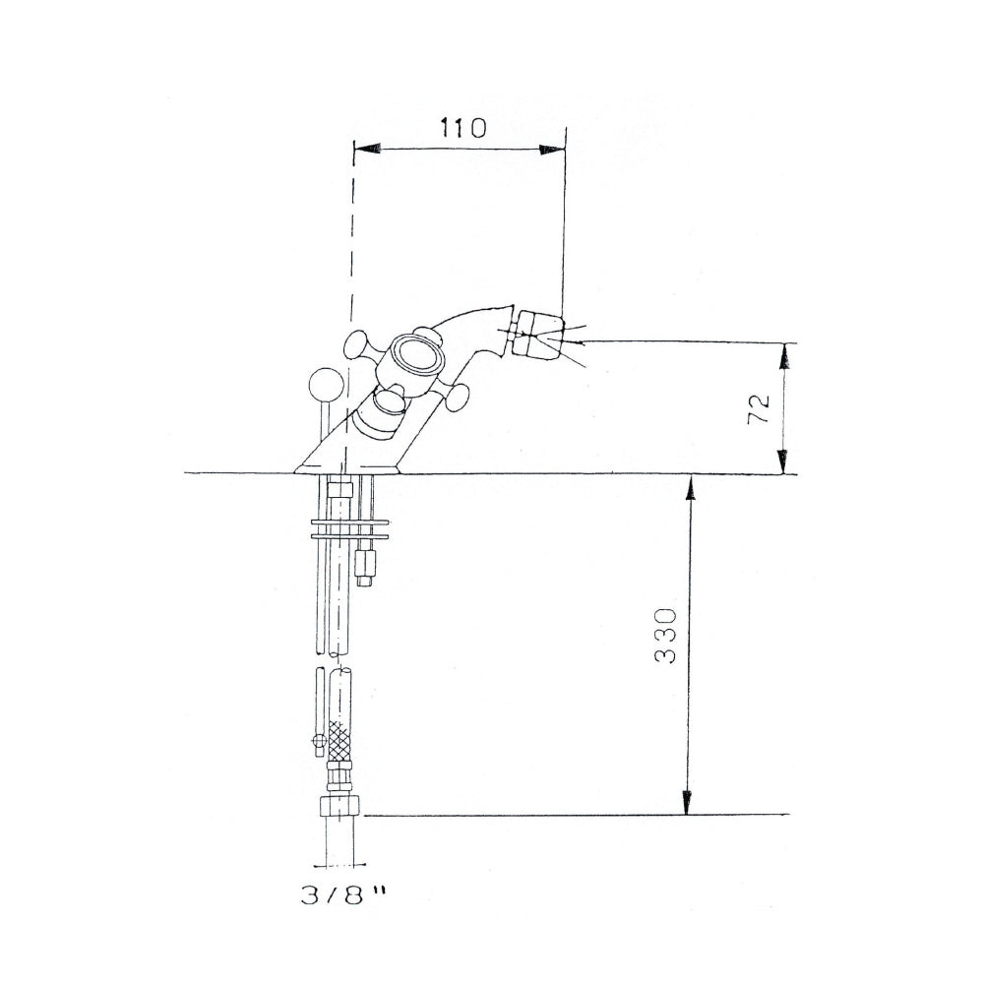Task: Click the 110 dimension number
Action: pyautogui.click(x=462, y=128)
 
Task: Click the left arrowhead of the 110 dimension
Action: pyautogui.click(x=368, y=149)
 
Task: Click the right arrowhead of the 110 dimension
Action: pyautogui.click(x=551, y=150)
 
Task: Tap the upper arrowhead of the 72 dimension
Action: pyautogui.click(x=784, y=356)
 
